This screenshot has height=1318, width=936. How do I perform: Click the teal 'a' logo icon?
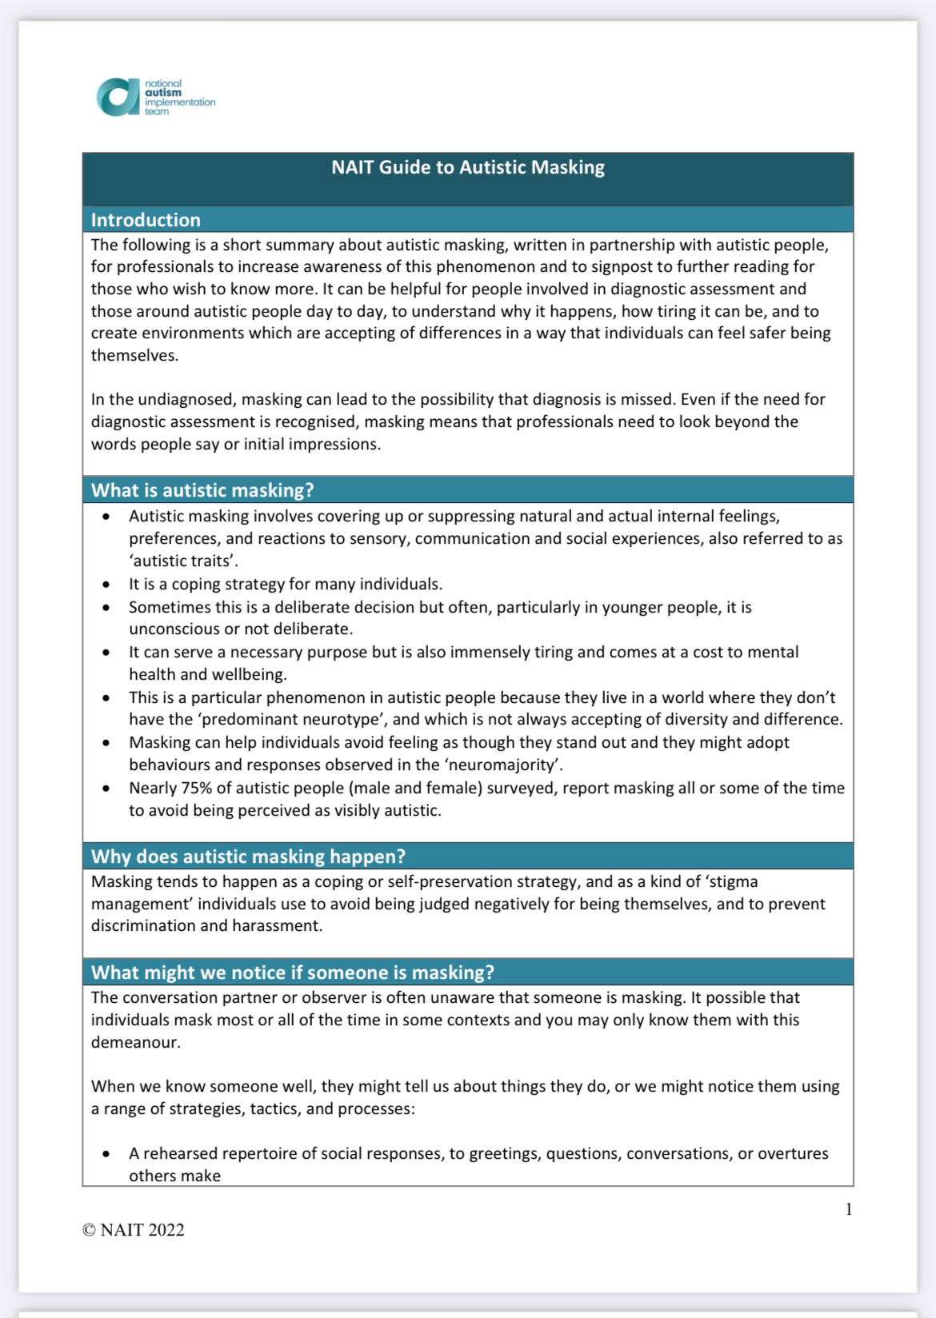pyautogui.click(x=118, y=97)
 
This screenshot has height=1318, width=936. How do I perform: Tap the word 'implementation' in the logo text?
pyautogui.click(x=180, y=102)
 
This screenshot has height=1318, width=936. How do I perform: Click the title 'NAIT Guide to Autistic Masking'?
pyautogui.click(x=468, y=167)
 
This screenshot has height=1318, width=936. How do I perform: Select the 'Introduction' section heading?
pyautogui.click(x=146, y=220)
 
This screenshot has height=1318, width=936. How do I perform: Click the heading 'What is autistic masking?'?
pyautogui.click(x=202, y=490)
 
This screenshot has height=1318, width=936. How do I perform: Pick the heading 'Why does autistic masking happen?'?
pyautogui.click(x=248, y=857)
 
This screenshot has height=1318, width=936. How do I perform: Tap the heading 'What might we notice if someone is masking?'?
pyautogui.click(x=292, y=973)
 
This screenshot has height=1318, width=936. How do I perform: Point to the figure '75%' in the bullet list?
pyautogui.click(x=196, y=788)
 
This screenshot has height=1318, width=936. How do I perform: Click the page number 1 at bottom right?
pyautogui.click(x=849, y=1209)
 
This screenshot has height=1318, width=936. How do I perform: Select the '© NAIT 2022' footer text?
pyautogui.click(x=133, y=1230)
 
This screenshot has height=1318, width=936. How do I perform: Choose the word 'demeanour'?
pyautogui.click(x=135, y=1042)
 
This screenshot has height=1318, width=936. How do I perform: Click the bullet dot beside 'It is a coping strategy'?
pyautogui.click(x=106, y=584)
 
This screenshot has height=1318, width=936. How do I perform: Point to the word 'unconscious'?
pyautogui.click(x=174, y=629)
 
